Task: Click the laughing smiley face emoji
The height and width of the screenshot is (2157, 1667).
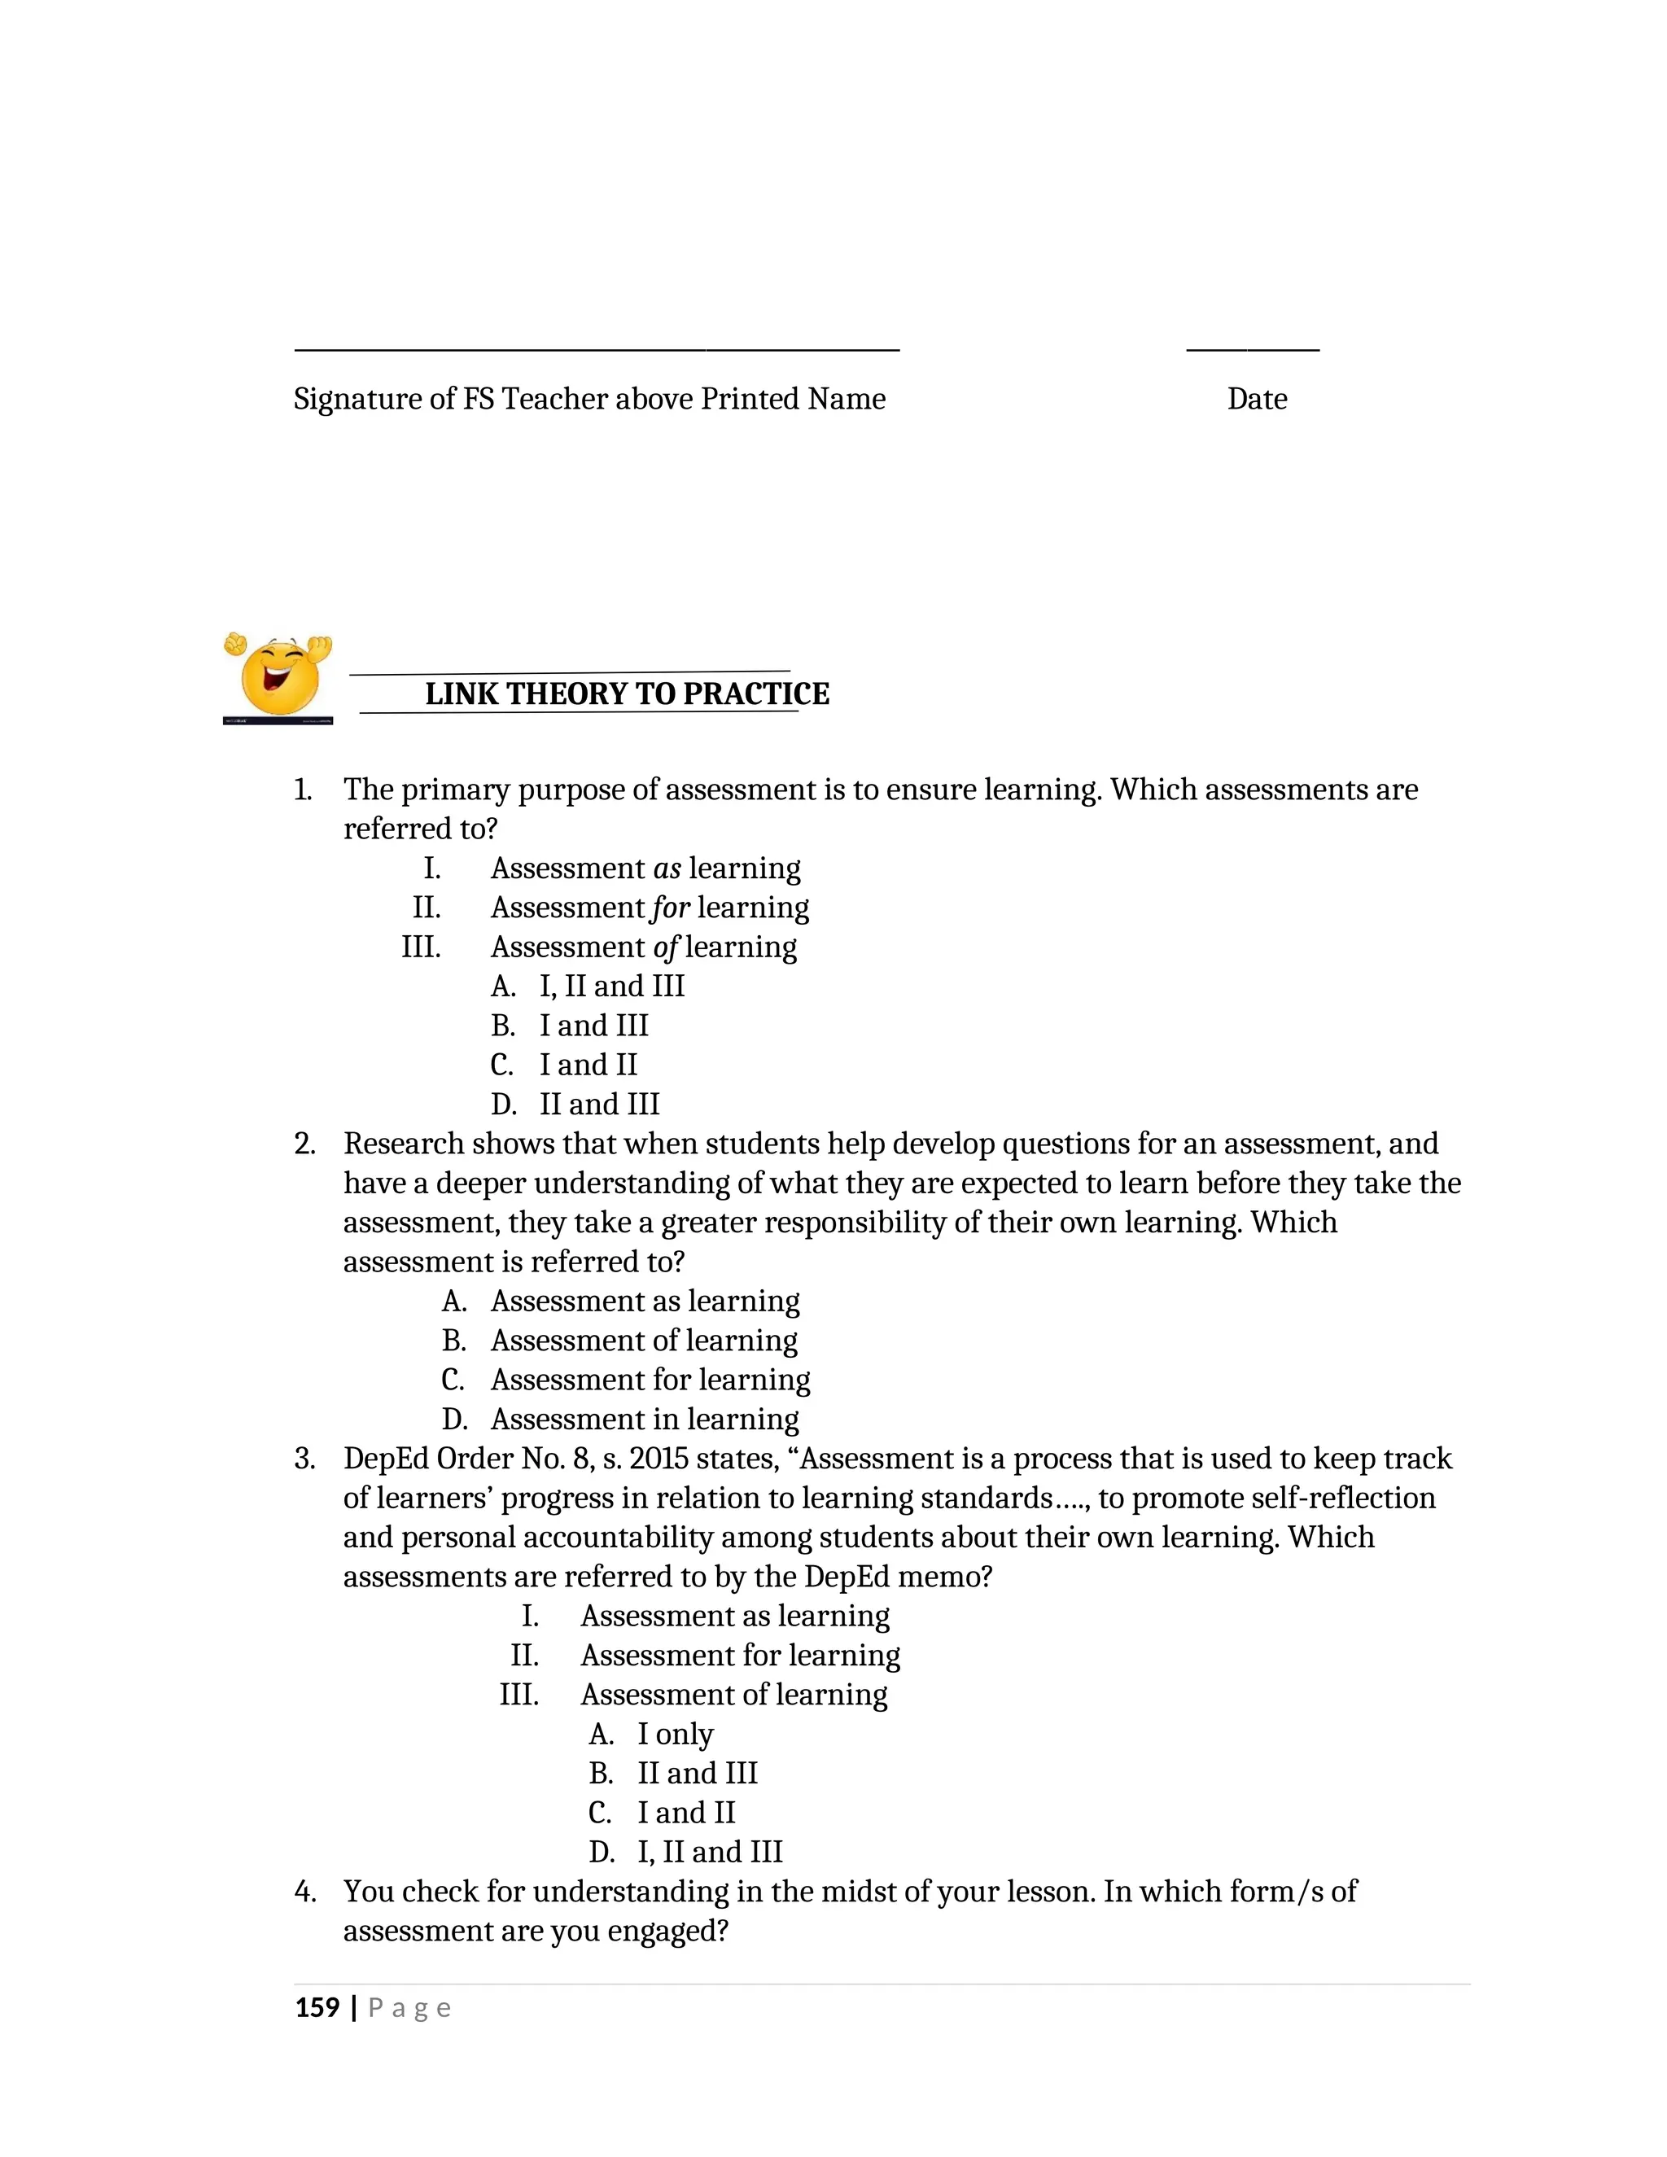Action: (x=279, y=677)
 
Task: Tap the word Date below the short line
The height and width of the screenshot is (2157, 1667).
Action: (x=1256, y=399)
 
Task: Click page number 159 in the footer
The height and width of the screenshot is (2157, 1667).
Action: (x=317, y=2008)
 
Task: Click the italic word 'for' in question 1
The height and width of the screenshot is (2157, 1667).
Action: (x=670, y=908)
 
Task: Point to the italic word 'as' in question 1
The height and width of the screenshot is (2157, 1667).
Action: (x=667, y=869)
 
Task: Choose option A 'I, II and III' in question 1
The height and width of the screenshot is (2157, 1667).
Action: (x=611, y=986)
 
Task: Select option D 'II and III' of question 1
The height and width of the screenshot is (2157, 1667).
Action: (x=598, y=1105)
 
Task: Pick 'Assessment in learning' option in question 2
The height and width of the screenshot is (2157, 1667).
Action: (x=644, y=1420)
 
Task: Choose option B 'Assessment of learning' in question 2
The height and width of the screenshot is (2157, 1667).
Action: (x=644, y=1341)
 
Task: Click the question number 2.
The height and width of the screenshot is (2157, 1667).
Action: (x=304, y=1144)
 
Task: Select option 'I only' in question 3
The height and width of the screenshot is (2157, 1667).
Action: (x=675, y=1735)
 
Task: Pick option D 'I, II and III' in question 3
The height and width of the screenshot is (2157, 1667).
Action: (x=709, y=1852)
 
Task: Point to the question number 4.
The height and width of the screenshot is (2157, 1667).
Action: (x=304, y=1892)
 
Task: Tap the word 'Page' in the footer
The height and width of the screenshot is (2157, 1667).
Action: (x=409, y=2008)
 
